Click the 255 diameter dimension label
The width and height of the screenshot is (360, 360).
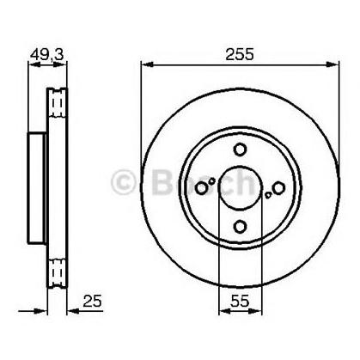click(x=240, y=53)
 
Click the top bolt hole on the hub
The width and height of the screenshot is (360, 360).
click(x=240, y=149)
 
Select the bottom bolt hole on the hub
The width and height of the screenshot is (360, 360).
click(x=240, y=224)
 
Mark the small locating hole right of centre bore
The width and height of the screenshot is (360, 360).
click(x=269, y=195)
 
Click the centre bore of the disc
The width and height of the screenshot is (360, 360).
click(x=240, y=186)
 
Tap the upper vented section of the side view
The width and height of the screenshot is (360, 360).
click(x=57, y=103)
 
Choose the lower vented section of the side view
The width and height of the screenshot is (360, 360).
click(x=57, y=271)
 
